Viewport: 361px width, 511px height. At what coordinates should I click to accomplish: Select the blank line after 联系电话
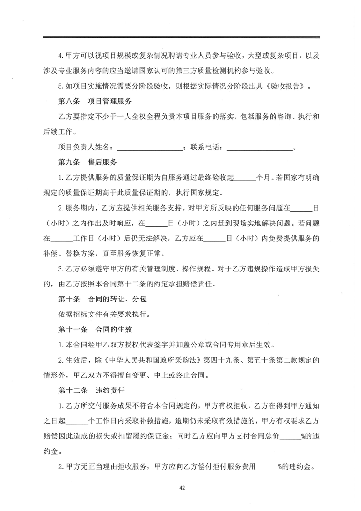point(259,148)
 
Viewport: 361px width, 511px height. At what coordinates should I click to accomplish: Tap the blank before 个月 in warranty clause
point(245,178)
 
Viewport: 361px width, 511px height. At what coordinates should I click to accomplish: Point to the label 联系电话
point(204,148)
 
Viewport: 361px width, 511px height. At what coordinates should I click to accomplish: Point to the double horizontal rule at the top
point(181,37)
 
